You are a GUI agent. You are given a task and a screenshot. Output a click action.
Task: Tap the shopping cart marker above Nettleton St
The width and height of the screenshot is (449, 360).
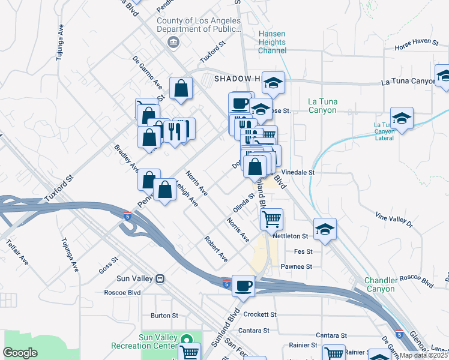click(271, 219)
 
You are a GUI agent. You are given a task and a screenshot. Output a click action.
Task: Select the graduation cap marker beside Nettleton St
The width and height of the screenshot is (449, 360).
click(325, 230)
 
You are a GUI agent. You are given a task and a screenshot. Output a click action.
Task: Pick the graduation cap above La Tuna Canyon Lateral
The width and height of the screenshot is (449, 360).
click(402, 118)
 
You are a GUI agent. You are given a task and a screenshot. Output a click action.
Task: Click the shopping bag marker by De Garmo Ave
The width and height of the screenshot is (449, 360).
click(181, 89)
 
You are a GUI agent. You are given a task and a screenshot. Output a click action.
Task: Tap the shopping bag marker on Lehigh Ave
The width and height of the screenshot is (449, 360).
click(164, 190)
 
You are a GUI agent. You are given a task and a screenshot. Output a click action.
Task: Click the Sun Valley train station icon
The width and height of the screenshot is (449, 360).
click(160, 279)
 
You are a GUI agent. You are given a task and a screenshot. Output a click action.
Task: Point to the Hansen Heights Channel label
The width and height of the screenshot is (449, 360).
click(272, 43)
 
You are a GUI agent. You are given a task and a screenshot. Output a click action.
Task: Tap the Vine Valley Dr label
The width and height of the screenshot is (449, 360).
click(394, 219)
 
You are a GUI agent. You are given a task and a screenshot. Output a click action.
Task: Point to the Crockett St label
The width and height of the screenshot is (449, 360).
click(260, 314)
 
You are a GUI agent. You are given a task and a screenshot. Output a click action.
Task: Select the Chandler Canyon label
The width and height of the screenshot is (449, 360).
click(381, 284)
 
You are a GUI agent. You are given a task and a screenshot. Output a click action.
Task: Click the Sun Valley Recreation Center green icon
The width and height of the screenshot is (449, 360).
click(187, 340)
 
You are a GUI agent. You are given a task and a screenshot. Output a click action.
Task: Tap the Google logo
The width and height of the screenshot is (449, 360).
click(20, 353)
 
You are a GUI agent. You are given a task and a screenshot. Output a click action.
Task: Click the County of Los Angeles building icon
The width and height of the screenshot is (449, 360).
click(173, 41)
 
